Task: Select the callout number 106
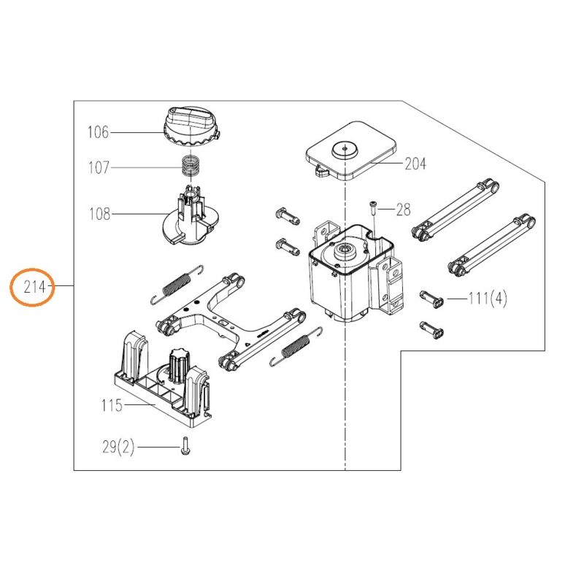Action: [x=97, y=132]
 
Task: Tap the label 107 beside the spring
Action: [x=97, y=168]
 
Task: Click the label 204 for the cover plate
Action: [x=415, y=164]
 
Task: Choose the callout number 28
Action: [x=404, y=210]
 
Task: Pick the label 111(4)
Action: [x=488, y=299]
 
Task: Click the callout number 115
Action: [x=111, y=406]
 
